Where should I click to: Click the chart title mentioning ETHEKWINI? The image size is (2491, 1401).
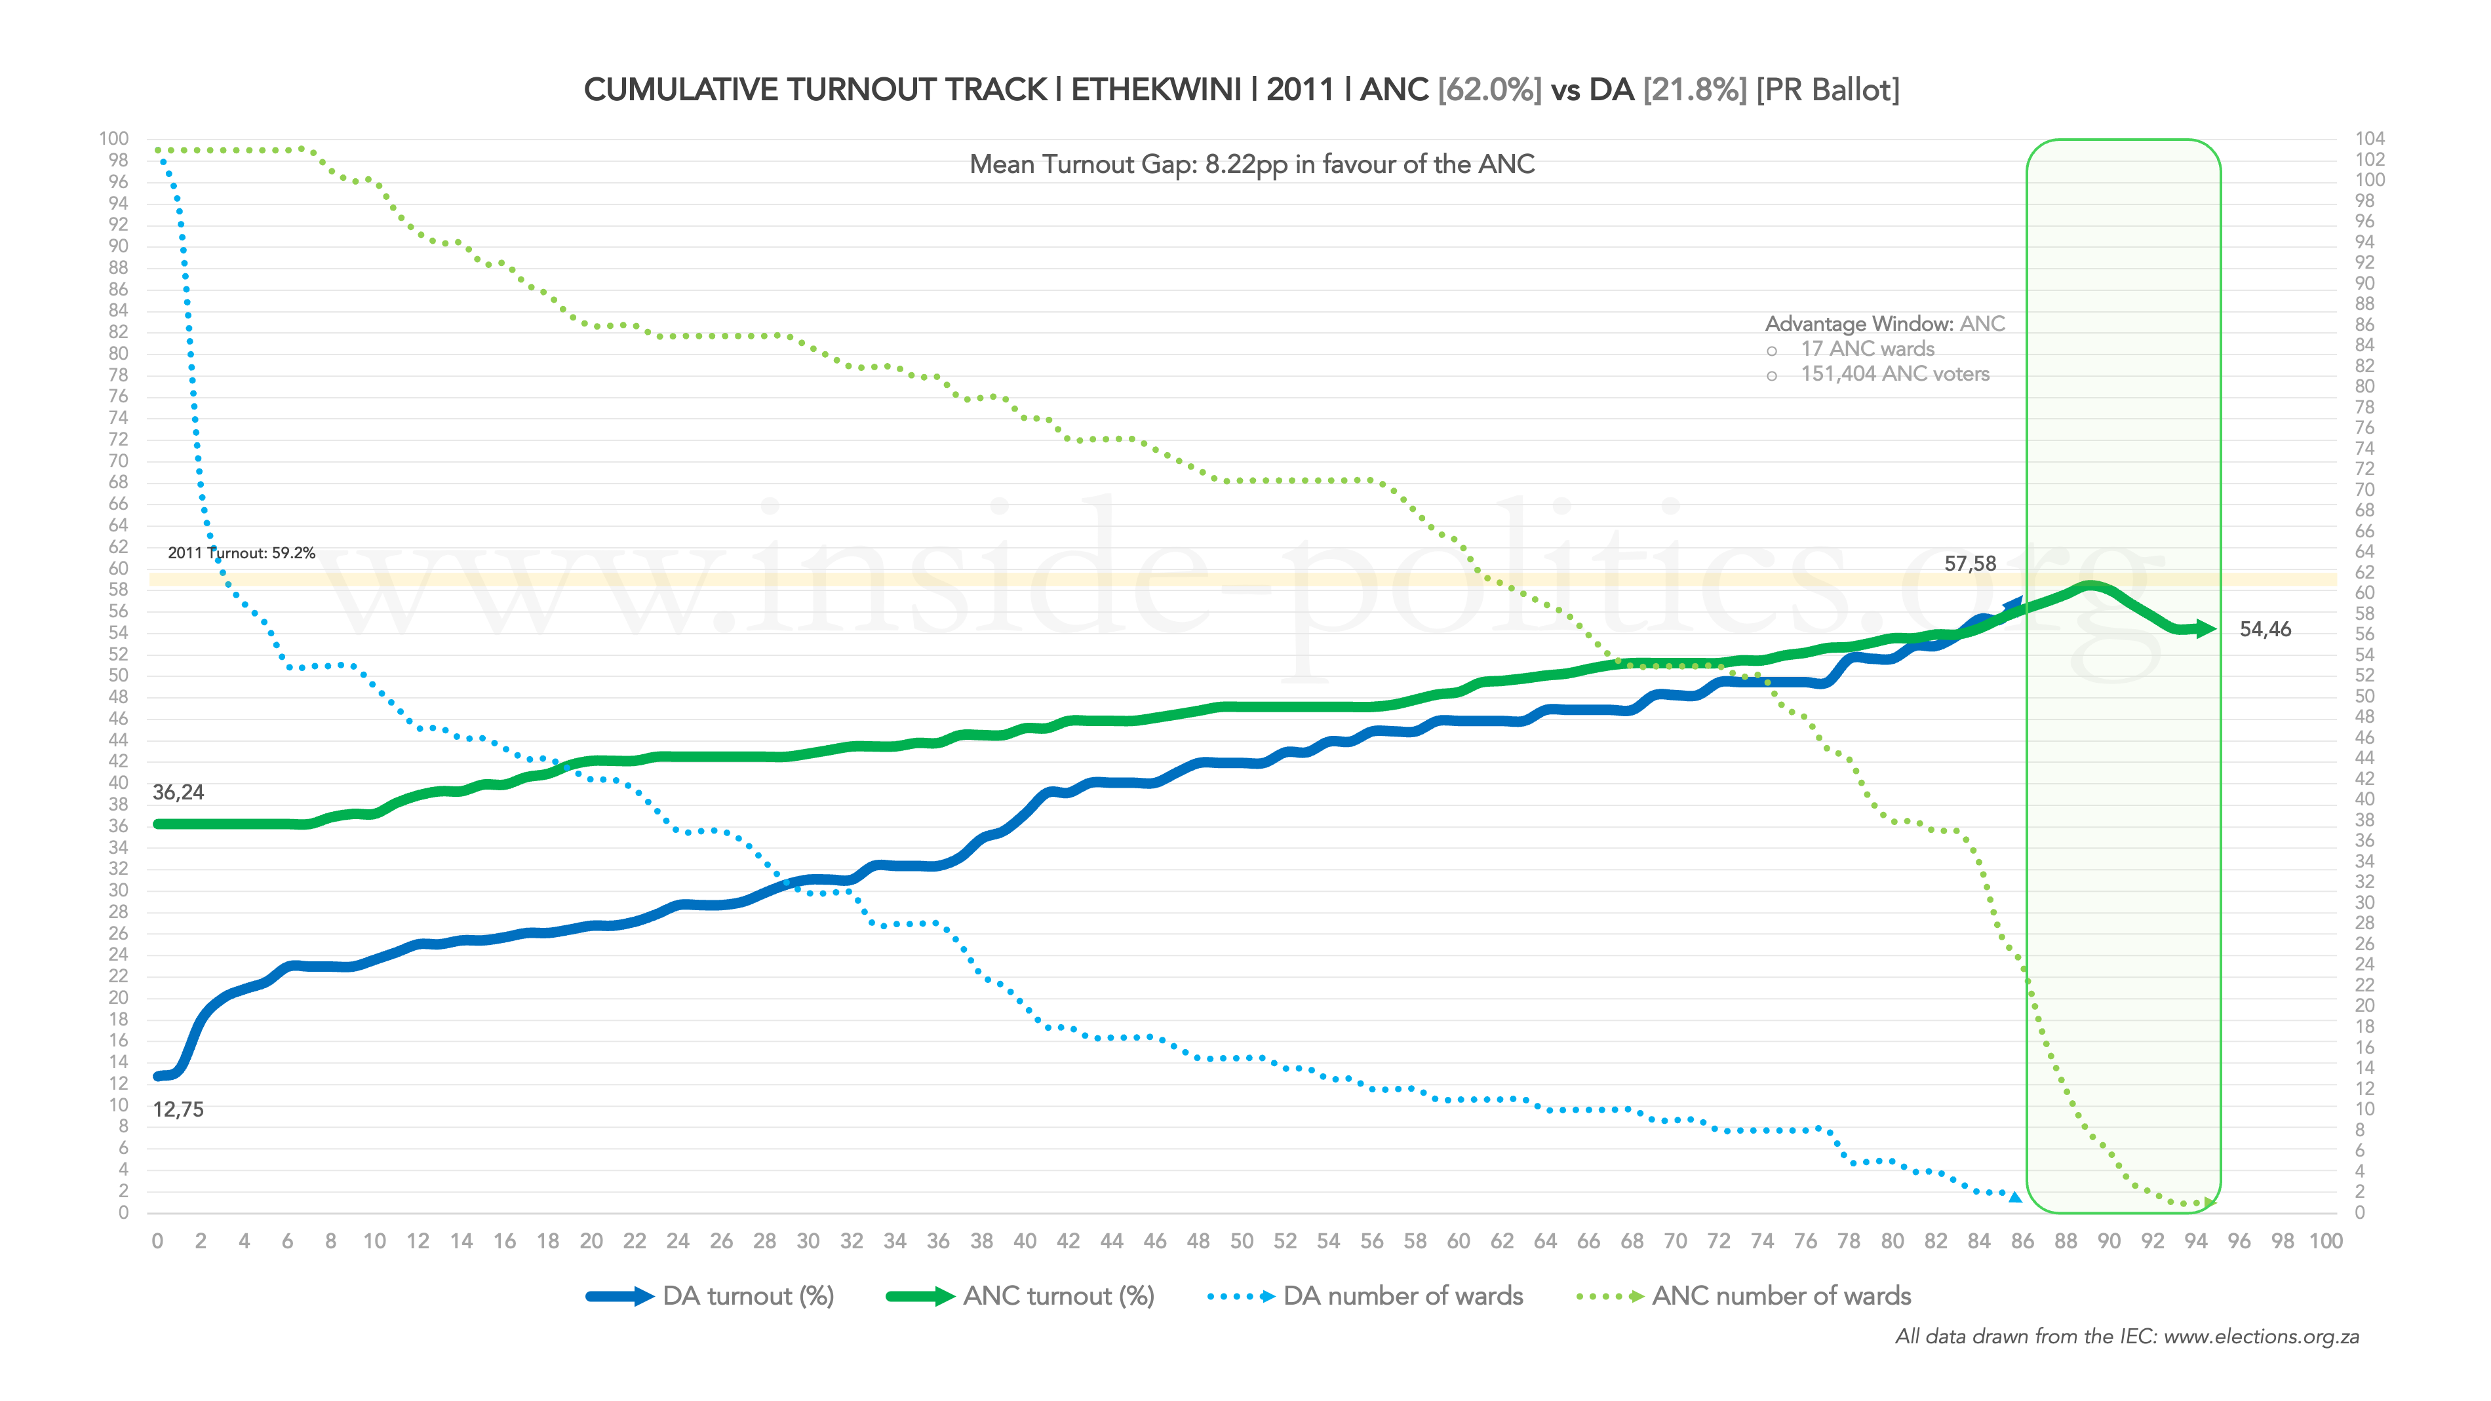click(1241, 90)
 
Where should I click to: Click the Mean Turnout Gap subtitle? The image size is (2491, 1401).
click(1251, 164)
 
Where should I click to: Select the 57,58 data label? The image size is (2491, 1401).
click(1970, 564)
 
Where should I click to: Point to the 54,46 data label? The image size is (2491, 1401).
click(2265, 630)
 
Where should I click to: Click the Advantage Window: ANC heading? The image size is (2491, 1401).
click(1885, 324)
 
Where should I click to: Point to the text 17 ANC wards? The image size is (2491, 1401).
click(1866, 349)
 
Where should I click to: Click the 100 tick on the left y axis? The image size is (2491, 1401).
click(113, 138)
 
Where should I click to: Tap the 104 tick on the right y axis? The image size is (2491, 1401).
click(2369, 138)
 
